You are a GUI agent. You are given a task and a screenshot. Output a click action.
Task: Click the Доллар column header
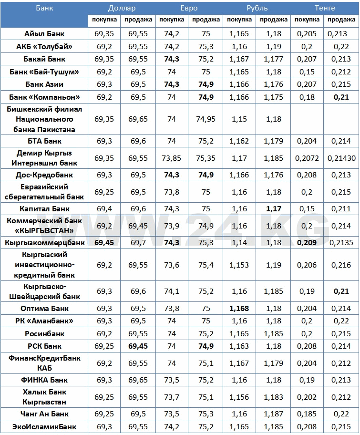(x=122, y=8)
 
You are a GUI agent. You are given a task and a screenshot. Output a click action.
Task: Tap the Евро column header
(x=189, y=8)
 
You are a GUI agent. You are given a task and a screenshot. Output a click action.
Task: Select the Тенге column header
(x=325, y=8)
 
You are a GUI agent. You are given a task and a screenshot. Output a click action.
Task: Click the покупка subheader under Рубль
(x=239, y=20)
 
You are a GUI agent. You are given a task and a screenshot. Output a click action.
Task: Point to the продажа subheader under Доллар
(x=138, y=20)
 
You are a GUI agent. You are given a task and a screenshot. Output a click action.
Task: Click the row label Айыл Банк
(x=44, y=34)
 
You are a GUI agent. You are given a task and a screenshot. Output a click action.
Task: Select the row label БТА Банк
(x=44, y=141)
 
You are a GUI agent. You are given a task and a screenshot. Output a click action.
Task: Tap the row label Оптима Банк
(x=44, y=309)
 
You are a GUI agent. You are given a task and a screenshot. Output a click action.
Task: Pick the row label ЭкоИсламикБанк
(x=44, y=427)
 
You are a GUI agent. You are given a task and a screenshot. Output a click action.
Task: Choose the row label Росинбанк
(x=44, y=333)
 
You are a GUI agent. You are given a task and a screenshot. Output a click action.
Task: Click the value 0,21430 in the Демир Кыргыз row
(x=341, y=158)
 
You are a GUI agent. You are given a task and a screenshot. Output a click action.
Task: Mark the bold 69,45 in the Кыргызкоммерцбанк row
(x=104, y=243)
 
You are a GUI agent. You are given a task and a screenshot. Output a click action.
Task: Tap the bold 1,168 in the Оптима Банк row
(x=239, y=309)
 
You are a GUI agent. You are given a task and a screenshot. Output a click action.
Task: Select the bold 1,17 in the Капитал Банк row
(x=274, y=209)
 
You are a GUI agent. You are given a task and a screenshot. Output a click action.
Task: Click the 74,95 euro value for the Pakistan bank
(x=206, y=119)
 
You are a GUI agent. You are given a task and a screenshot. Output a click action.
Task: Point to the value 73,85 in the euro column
(x=172, y=158)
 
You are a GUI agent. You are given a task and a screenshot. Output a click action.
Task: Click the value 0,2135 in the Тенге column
(x=341, y=243)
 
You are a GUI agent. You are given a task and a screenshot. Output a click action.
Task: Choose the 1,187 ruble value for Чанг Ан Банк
(x=274, y=414)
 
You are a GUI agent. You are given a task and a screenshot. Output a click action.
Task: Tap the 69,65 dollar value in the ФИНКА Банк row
(x=138, y=380)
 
